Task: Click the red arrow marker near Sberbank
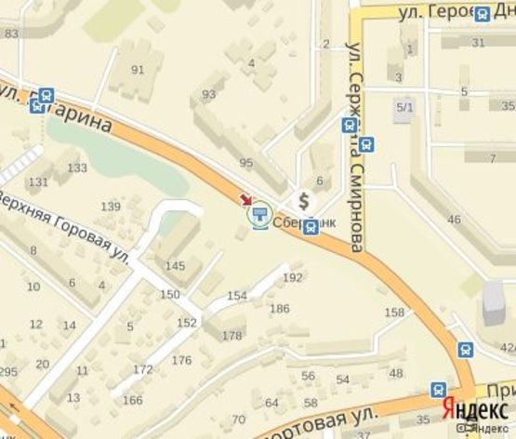point(246,200)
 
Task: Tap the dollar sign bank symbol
point(302,200)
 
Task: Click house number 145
point(175,266)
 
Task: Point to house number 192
point(292,277)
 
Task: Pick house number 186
point(279,308)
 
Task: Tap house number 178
point(232,335)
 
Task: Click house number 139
point(111,206)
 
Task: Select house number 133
point(77,167)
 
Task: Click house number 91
point(138,69)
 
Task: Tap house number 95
point(245,163)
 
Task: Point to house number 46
point(454,219)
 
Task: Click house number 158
point(394,313)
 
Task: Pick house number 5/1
point(404,108)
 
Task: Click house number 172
point(142,369)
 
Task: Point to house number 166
point(133,400)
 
